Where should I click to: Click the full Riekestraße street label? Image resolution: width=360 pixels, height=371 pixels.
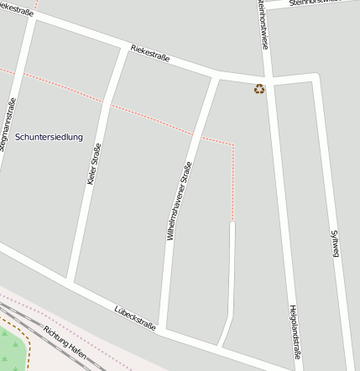(x=150, y=54)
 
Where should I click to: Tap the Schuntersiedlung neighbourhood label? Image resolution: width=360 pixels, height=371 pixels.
(x=49, y=137)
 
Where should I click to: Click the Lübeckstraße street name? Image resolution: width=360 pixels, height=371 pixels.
(x=134, y=321)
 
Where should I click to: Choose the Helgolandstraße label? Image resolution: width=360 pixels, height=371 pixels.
(x=295, y=334)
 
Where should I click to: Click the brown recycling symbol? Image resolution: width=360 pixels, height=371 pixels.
(x=259, y=88)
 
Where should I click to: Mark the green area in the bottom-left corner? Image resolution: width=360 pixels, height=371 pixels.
(x=10, y=348)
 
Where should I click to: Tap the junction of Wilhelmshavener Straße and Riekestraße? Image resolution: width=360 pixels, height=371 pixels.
(x=214, y=76)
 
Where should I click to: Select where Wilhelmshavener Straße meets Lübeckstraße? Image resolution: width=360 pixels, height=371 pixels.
(x=162, y=329)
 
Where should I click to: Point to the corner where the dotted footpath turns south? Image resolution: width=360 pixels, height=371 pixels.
(x=233, y=144)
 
